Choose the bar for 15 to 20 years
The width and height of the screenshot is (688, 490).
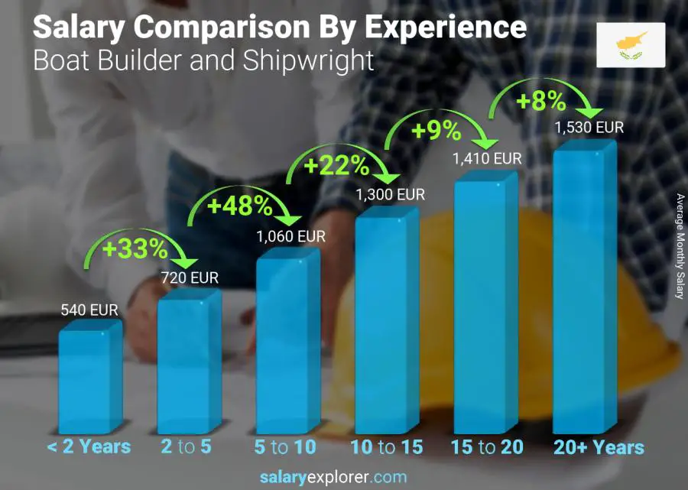click(x=480, y=306)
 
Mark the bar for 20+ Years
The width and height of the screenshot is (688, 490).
click(x=579, y=290)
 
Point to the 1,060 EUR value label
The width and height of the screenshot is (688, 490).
click(x=290, y=236)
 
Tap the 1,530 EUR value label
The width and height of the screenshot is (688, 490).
click(x=589, y=127)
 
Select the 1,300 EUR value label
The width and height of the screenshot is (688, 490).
click(x=390, y=195)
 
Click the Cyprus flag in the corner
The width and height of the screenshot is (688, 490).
click(x=631, y=44)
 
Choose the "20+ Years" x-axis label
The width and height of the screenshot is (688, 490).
click(x=599, y=447)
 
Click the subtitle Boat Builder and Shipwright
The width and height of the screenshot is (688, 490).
click(x=203, y=60)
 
